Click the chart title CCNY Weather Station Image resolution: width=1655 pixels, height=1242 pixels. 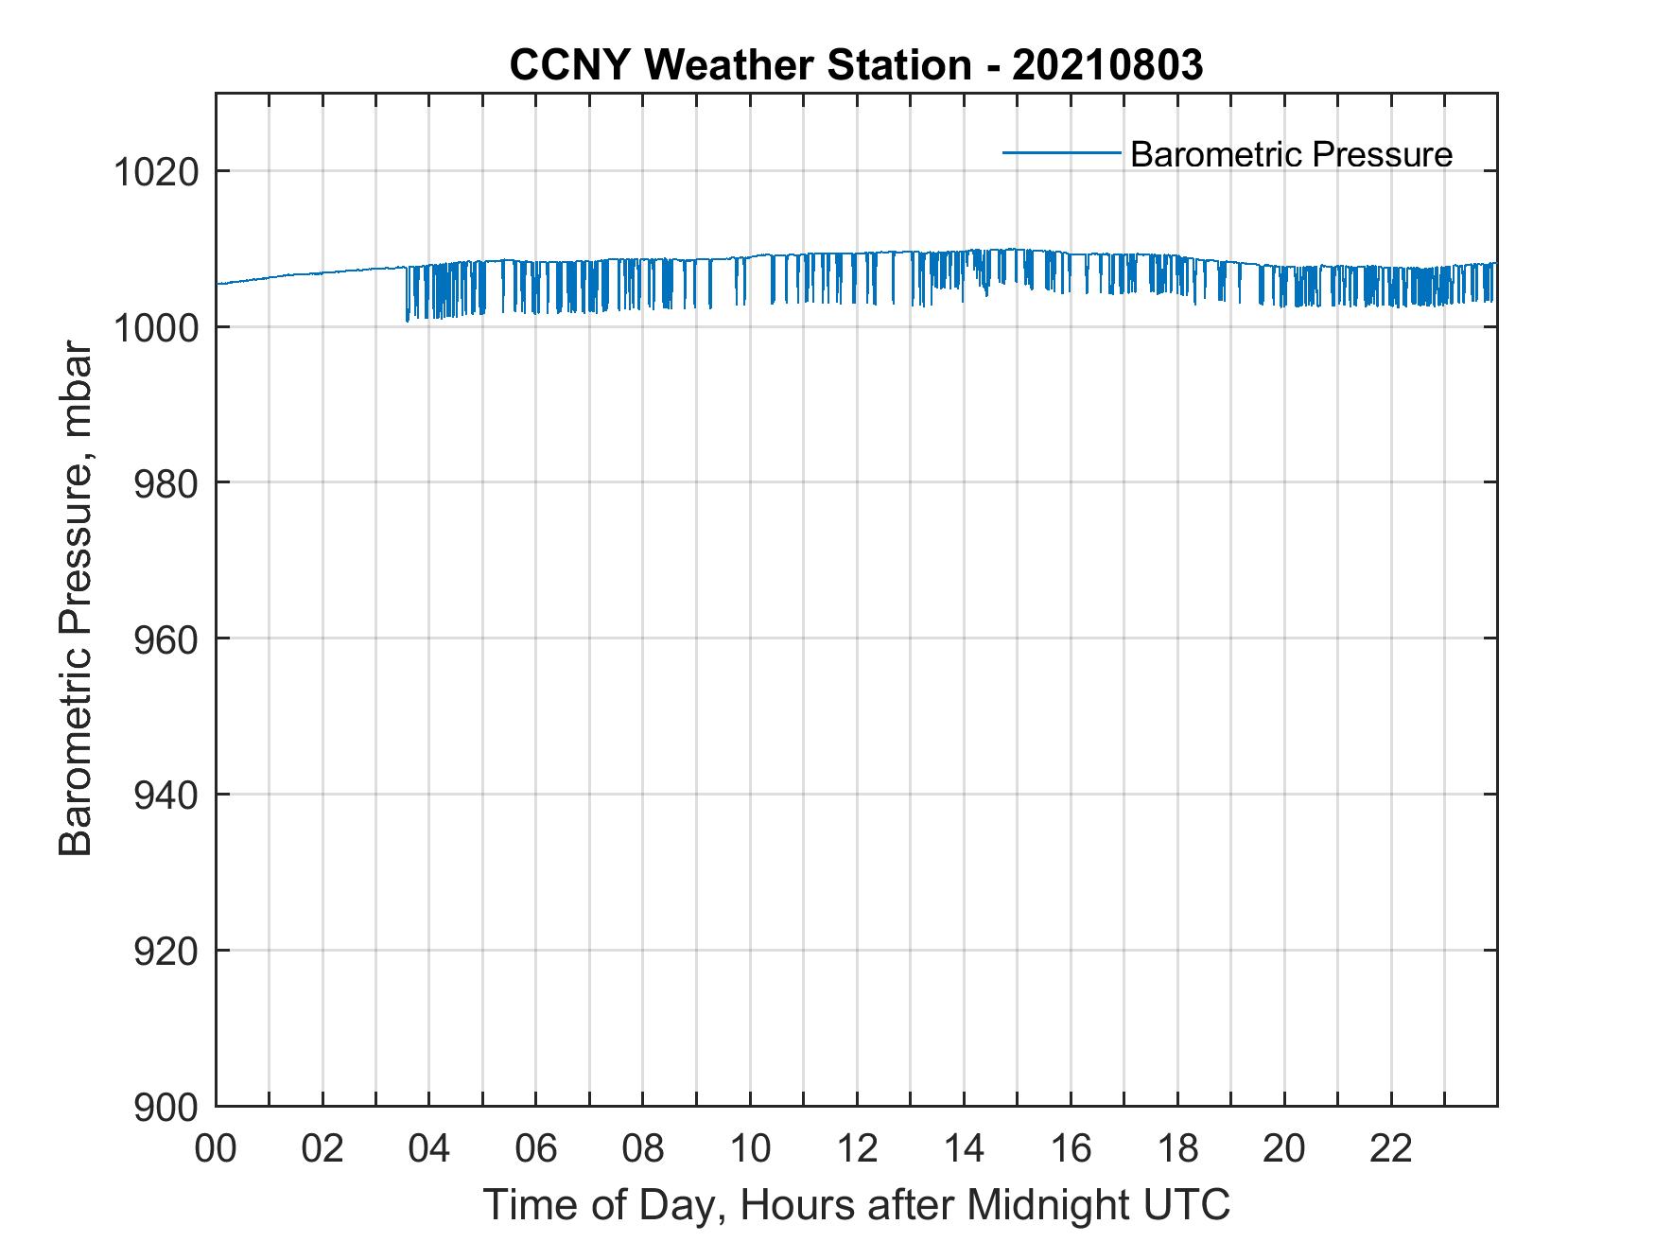click(740, 65)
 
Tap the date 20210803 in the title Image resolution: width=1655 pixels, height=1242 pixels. click(1107, 65)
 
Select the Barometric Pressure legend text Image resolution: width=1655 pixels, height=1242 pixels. click(1291, 154)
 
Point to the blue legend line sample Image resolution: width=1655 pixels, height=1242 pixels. click(1061, 152)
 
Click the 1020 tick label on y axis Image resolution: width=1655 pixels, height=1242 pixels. click(155, 173)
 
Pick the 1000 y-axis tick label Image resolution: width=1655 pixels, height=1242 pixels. click(155, 328)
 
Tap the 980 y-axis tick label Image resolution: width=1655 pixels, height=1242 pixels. click(166, 484)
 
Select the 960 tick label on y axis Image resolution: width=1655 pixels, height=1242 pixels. click(166, 639)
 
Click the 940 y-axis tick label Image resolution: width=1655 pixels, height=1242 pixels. click(166, 796)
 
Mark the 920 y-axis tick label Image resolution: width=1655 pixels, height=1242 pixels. click(166, 951)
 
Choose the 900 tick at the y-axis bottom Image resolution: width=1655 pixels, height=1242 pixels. click(166, 1107)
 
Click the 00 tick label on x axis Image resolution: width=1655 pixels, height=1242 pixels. click(216, 1149)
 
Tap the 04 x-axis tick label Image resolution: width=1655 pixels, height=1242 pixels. click(429, 1149)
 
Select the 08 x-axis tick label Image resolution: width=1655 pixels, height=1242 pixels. click(643, 1149)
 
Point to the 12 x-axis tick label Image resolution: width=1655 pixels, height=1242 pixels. click(857, 1149)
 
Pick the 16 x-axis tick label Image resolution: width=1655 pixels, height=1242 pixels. click(1071, 1149)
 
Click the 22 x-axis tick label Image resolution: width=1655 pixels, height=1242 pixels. click(1391, 1149)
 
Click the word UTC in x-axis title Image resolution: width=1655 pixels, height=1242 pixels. click(1187, 1206)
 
